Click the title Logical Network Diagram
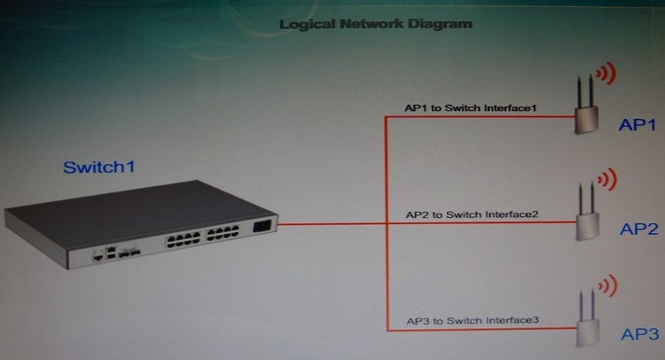click(x=376, y=24)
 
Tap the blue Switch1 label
click(x=99, y=167)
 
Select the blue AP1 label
click(x=637, y=124)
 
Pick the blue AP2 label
click(x=639, y=229)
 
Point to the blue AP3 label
click(x=640, y=334)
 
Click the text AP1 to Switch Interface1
click(x=470, y=108)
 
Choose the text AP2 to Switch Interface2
click(x=472, y=214)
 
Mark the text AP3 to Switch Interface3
click(x=473, y=320)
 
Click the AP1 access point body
click(x=587, y=120)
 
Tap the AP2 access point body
click(x=587, y=227)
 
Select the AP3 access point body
click(x=587, y=333)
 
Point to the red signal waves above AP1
click(x=606, y=73)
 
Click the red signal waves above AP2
click(x=607, y=179)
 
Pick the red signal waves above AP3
click(x=608, y=285)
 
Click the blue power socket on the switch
click(x=262, y=226)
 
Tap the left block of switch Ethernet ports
click(x=183, y=239)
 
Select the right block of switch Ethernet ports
click(x=222, y=233)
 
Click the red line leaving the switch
click(x=332, y=224)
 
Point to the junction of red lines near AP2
click(x=386, y=223)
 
